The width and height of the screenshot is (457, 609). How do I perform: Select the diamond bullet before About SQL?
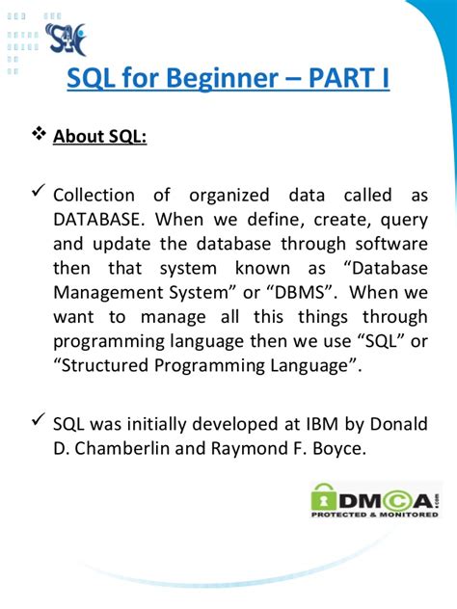point(39,136)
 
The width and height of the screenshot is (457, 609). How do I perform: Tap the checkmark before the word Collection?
point(38,194)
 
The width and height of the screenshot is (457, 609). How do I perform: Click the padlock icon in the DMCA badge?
point(324,497)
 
